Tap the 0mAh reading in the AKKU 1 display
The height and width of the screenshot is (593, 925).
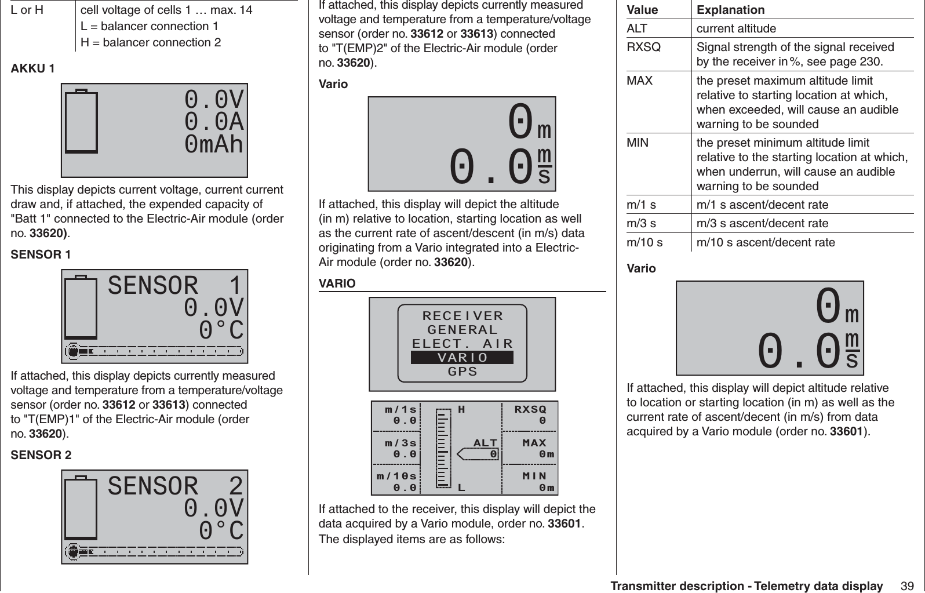coord(214,145)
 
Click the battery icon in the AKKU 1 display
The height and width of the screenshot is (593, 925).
coord(81,121)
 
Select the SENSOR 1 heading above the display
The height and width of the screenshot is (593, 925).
coord(41,254)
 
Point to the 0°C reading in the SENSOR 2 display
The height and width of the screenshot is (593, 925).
coord(221,531)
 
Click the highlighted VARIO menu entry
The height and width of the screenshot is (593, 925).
coord(462,358)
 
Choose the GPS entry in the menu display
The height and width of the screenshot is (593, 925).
coord(462,372)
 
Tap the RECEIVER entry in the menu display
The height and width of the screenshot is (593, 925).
coord(462,316)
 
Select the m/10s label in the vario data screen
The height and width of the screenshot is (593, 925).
coord(396,476)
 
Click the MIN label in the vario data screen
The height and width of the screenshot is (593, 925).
coord(534,476)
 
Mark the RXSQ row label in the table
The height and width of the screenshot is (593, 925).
coord(643,47)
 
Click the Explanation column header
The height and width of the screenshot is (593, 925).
coord(730,10)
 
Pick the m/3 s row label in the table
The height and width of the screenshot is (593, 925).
coord(642,223)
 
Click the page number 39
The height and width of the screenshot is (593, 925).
coord(907,586)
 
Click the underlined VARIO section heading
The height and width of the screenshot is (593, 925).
coord(337,284)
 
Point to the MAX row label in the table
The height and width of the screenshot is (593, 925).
coord(640,81)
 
